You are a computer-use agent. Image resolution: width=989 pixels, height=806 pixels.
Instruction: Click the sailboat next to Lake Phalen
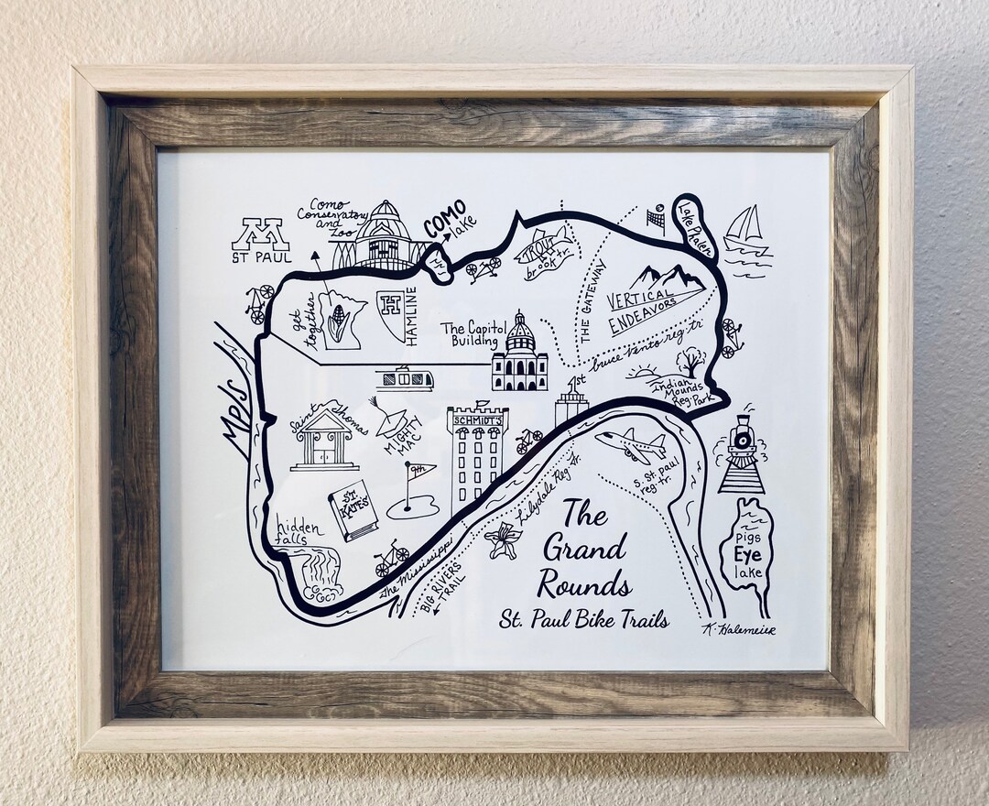tap(745, 231)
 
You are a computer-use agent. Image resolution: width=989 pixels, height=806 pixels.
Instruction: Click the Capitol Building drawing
tap(518, 353)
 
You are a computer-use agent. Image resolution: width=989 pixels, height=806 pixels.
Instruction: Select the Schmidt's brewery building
tap(476, 458)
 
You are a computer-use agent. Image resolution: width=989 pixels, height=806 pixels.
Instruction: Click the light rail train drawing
tap(403, 377)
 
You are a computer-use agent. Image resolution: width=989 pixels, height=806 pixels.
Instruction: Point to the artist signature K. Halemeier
tap(737, 628)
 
